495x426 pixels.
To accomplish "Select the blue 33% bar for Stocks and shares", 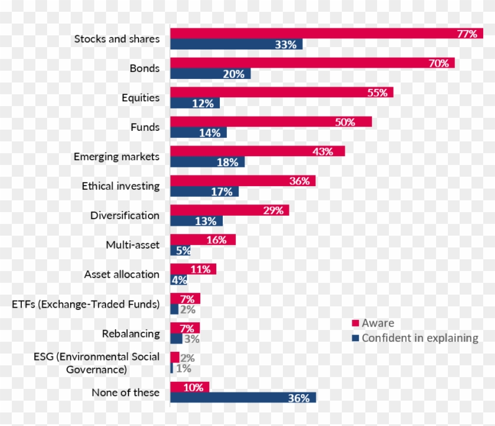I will click(236, 45).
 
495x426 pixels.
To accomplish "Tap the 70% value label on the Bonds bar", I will click(438, 63).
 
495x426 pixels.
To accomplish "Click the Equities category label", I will click(140, 98).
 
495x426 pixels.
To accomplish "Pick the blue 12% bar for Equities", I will click(194, 104).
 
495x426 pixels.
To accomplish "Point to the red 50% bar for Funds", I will click(271, 122).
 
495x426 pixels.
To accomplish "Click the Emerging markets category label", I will click(117, 157).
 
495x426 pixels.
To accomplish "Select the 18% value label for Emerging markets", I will click(227, 163).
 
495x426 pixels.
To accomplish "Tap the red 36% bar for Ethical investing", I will click(243, 181).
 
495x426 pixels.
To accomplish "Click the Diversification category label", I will click(125, 216).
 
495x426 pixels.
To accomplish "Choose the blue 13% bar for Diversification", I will click(197, 222).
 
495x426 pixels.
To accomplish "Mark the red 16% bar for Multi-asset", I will click(203, 240).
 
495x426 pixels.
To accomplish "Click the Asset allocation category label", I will click(122, 275).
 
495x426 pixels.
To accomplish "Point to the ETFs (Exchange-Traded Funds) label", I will click(86, 305).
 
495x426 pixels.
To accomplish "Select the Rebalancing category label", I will click(131, 333).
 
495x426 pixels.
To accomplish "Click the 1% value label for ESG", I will click(184, 369).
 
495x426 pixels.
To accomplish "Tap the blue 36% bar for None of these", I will click(243, 398).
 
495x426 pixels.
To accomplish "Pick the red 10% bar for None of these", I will click(190, 387).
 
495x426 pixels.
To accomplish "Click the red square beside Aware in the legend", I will click(355, 323).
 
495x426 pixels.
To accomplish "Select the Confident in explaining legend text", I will click(420, 338).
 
